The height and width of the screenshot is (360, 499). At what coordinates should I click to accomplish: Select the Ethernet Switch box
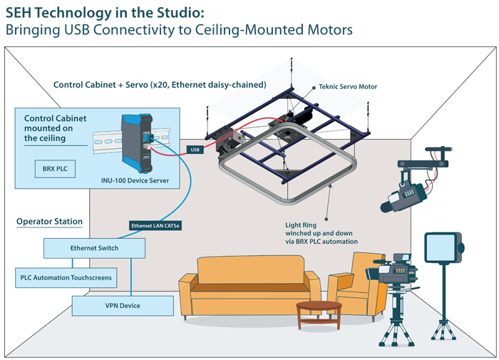point(94,248)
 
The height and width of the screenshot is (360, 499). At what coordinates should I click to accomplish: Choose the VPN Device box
point(123,306)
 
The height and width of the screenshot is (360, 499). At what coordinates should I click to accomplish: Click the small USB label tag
point(195,150)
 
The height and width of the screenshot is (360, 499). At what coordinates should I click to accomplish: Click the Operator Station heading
point(49,222)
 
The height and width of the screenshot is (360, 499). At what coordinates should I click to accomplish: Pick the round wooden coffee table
point(319,311)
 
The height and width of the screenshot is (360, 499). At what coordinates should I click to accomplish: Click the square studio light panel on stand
point(442,247)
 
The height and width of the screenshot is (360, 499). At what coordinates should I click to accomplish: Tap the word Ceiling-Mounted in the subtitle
point(242,31)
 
